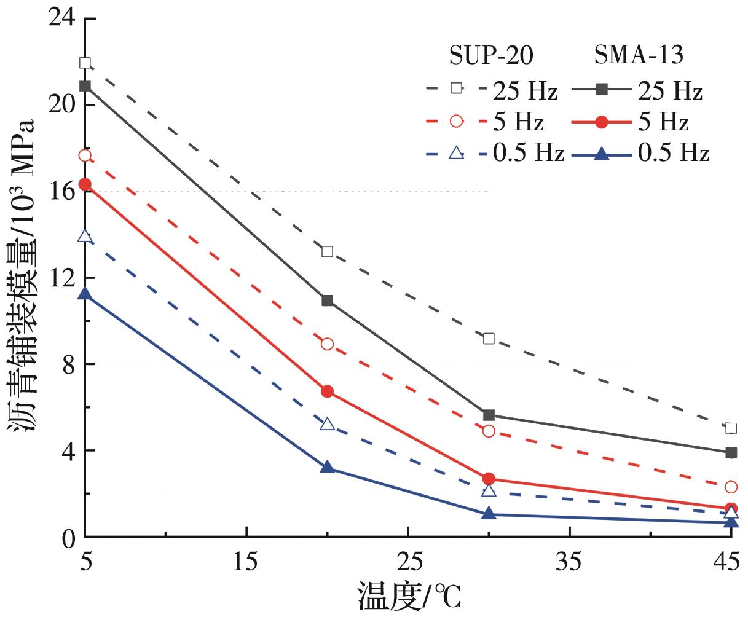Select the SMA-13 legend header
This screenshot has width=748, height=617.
click(x=639, y=57)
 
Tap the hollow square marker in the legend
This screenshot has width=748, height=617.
click(x=456, y=88)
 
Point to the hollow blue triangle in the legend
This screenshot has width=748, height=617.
click(x=456, y=153)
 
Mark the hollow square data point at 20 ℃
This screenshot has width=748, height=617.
click(x=327, y=251)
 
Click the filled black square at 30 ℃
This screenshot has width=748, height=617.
click(x=489, y=415)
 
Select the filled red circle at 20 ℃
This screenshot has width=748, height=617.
click(x=327, y=391)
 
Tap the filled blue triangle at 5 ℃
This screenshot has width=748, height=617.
click(x=85, y=295)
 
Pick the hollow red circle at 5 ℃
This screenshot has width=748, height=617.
click(x=85, y=156)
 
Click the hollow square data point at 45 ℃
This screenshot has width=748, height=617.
click(x=730, y=428)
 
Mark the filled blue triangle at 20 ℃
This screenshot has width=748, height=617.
click(x=327, y=468)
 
